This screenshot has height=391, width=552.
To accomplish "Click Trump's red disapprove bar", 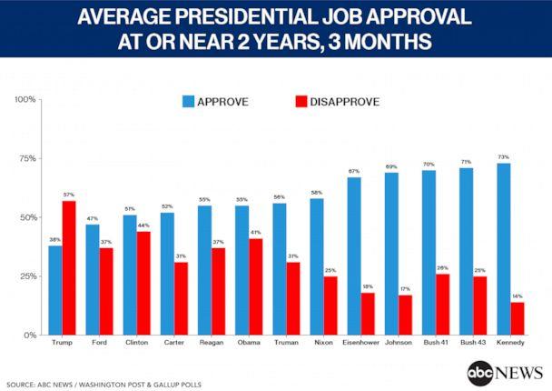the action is pyautogui.click(x=69, y=268).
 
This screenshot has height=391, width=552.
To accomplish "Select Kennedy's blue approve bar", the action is pyautogui.click(x=504, y=249).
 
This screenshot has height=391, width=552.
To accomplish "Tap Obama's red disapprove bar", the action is pyautogui.click(x=256, y=287).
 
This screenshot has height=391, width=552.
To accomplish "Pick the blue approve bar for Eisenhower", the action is pyautogui.click(x=354, y=256).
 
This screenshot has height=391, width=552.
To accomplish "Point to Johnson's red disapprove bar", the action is pyautogui.click(x=405, y=316).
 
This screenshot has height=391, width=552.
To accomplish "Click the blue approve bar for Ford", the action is pyautogui.click(x=93, y=280).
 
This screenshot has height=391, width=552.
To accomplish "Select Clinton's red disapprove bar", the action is pyautogui.click(x=143, y=284).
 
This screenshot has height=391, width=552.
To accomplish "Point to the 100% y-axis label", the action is pyautogui.click(x=25, y=99).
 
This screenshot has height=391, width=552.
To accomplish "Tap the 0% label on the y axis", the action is pyautogui.click(x=30, y=335).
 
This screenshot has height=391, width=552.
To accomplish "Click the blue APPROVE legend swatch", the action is pyautogui.click(x=188, y=102).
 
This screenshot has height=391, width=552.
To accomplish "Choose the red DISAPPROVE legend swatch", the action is pyautogui.click(x=301, y=102).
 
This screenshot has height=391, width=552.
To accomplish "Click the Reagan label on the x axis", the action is pyautogui.click(x=212, y=342).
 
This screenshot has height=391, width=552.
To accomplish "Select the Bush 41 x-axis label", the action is pyautogui.click(x=436, y=342).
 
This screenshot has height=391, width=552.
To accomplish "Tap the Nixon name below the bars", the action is pyautogui.click(x=323, y=342).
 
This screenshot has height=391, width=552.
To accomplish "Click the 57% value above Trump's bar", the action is pyautogui.click(x=69, y=195).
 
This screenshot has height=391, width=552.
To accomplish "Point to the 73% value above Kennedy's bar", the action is pyautogui.click(x=504, y=157).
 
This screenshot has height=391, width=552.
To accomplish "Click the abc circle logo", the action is pyautogui.click(x=480, y=373).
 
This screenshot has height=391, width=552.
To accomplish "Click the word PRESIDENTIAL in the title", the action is pyautogui.click(x=246, y=16).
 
